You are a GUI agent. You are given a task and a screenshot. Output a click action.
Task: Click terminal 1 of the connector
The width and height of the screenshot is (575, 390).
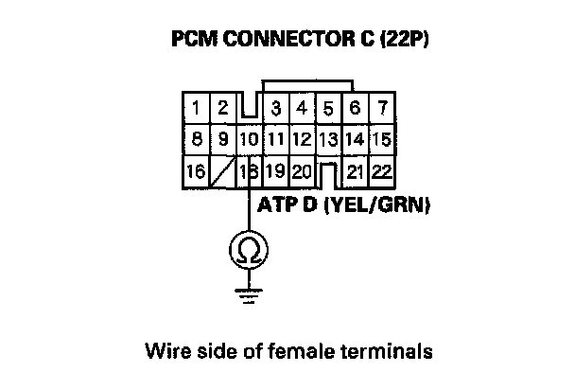pyautogui.click(x=196, y=108)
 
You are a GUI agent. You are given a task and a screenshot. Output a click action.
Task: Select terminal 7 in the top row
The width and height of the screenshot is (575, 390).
pyautogui.click(x=381, y=108)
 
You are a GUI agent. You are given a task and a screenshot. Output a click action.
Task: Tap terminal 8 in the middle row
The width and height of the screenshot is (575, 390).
pyautogui.click(x=196, y=140)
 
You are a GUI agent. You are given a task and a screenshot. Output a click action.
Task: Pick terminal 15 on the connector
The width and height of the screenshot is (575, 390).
pyautogui.click(x=381, y=140)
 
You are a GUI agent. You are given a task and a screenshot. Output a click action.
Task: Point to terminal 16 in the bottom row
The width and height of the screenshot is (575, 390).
pyautogui.click(x=196, y=171)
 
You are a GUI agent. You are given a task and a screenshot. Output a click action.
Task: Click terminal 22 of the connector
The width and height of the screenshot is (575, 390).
pyautogui.click(x=381, y=171)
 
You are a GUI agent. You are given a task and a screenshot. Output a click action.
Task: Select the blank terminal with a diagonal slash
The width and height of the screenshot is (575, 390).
pyautogui.click(x=223, y=171)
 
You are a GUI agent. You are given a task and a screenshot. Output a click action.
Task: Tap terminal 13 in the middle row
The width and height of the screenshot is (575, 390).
pyautogui.click(x=328, y=140)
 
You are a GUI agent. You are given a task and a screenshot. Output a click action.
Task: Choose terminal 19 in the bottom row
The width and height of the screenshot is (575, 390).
pyautogui.click(x=275, y=171)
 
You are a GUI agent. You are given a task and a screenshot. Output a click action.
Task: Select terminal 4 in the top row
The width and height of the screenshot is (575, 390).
pyautogui.click(x=302, y=108)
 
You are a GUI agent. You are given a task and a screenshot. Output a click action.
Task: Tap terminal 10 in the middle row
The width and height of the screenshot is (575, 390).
pyautogui.click(x=249, y=140)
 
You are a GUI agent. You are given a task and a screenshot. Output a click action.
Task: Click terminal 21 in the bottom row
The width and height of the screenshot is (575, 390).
pyautogui.click(x=356, y=171)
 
